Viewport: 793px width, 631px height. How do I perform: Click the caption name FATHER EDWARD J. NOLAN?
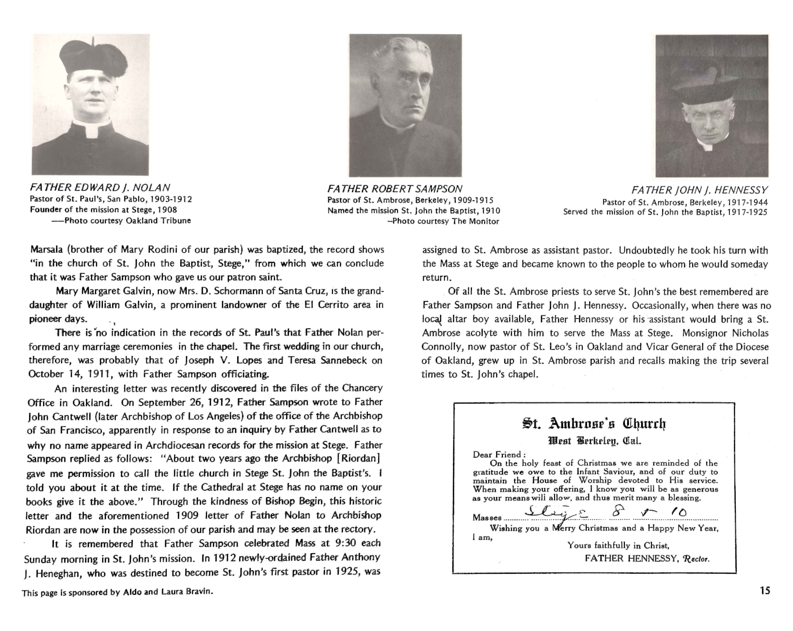(x=100, y=188)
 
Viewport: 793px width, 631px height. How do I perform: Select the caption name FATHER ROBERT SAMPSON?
(x=395, y=189)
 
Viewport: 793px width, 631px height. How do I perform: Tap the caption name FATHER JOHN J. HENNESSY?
(x=700, y=190)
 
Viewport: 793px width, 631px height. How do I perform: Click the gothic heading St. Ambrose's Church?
(x=594, y=424)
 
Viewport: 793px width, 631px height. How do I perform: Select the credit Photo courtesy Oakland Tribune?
(x=127, y=221)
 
